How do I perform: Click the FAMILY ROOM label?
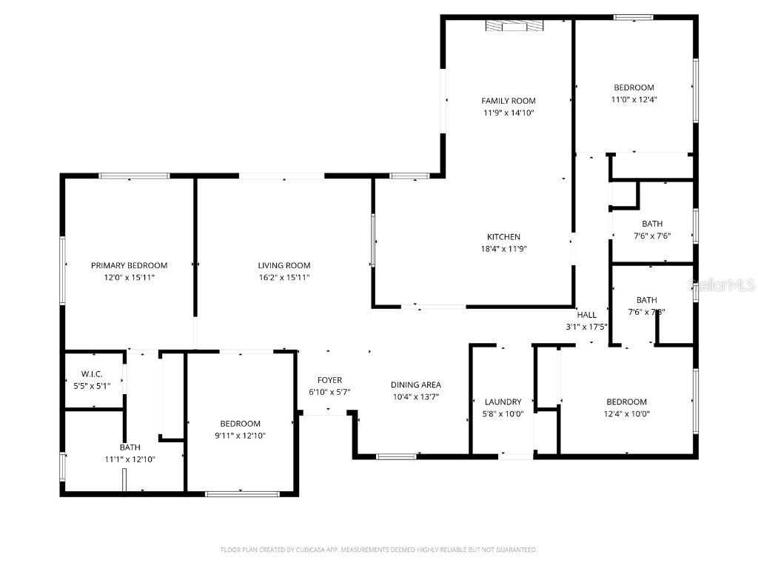[x=508, y=101]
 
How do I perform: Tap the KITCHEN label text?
[x=503, y=237]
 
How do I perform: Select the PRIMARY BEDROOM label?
[x=129, y=265]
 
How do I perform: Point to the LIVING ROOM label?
[x=284, y=265]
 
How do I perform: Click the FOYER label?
[x=329, y=380]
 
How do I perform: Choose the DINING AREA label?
[x=416, y=385]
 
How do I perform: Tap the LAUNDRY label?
[x=503, y=402]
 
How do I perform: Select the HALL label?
[x=586, y=315]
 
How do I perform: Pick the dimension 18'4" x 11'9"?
[x=503, y=249]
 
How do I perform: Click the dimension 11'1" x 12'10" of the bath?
[x=130, y=459]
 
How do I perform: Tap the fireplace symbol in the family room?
[x=514, y=27]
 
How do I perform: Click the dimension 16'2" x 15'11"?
[x=284, y=277]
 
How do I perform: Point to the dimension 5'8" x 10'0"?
[x=503, y=414]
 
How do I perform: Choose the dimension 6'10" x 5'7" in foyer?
[x=329, y=392]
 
